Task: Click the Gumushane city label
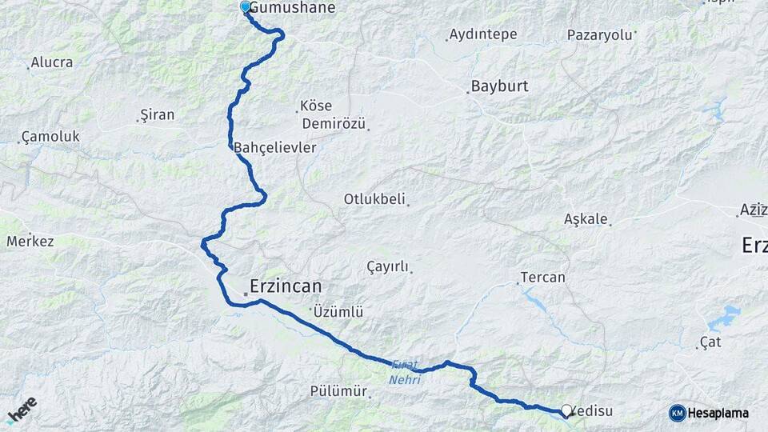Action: (x=292, y=8)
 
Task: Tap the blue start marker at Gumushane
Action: (x=246, y=7)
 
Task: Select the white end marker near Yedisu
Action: (x=566, y=410)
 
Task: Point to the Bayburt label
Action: (x=500, y=86)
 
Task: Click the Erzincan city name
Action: (x=286, y=286)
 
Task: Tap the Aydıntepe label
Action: (x=483, y=34)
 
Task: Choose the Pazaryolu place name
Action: (x=599, y=34)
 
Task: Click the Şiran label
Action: (x=157, y=114)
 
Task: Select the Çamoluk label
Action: (x=50, y=137)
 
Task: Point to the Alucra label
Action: (x=52, y=62)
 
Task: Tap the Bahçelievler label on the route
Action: (x=275, y=148)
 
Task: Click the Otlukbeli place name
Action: (x=374, y=198)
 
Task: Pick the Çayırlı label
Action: (x=387, y=266)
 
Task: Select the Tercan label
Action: (x=542, y=278)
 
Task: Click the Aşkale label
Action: (x=586, y=218)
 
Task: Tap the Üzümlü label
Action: (x=338, y=311)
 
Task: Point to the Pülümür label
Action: (x=338, y=391)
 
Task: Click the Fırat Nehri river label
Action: (x=405, y=372)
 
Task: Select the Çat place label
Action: (x=710, y=342)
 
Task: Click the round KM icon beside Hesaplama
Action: (x=677, y=413)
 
